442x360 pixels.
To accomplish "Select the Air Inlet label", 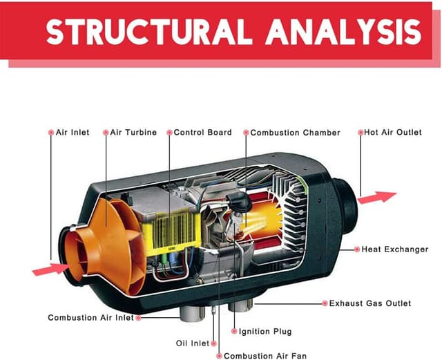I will [72, 132].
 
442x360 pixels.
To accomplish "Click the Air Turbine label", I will [133, 132].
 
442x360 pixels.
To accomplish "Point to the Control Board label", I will [202, 132].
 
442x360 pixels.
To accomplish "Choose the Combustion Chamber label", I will [295, 132].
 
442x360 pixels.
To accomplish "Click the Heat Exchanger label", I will [395, 249].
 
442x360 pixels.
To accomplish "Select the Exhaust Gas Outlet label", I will [369, 303].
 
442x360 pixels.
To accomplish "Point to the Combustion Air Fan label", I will [265, 356].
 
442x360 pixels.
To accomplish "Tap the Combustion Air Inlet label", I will [90, 318].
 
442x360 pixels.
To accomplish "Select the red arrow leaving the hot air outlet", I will [378, 197].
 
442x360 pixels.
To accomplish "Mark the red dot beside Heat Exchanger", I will [356, 249].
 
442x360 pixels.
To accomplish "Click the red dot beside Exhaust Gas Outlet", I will [323, 303].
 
